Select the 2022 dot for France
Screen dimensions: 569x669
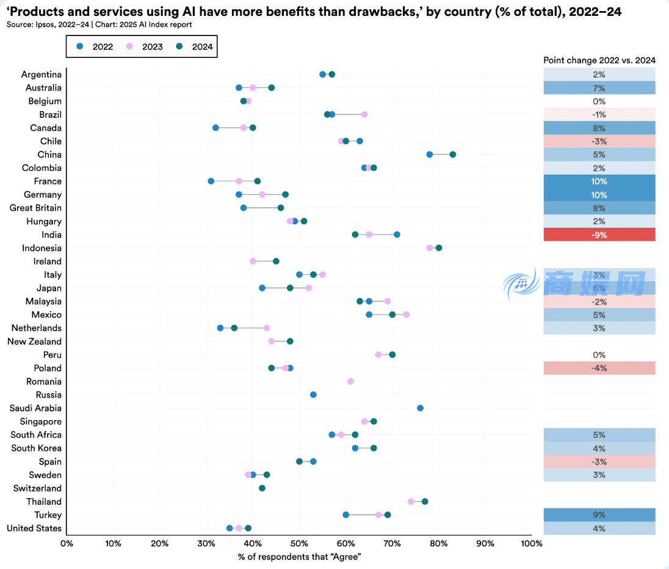point(211,181)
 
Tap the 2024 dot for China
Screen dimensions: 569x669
point(453,154)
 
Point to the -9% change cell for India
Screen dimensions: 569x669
point(599,235)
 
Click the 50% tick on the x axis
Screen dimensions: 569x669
point(299,543)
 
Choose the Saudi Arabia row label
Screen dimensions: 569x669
point(35,408)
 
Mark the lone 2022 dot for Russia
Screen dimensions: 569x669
point(313,395)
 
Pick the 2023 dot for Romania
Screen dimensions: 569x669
point(350,382)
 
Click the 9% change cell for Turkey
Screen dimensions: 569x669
point(599,515)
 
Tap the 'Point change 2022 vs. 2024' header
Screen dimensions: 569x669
point(599,60)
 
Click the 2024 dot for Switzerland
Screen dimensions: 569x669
point(262,488)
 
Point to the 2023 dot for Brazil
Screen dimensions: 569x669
point(364,114)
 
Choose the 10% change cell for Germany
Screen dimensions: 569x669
point(599,195)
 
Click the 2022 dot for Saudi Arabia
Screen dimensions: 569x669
point(420,408)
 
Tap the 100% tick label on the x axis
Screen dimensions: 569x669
point(532,543)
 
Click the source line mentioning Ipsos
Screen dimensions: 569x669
point(99,24)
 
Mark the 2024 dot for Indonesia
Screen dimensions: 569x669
point(439,248)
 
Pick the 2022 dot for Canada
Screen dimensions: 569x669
point(215,128)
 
